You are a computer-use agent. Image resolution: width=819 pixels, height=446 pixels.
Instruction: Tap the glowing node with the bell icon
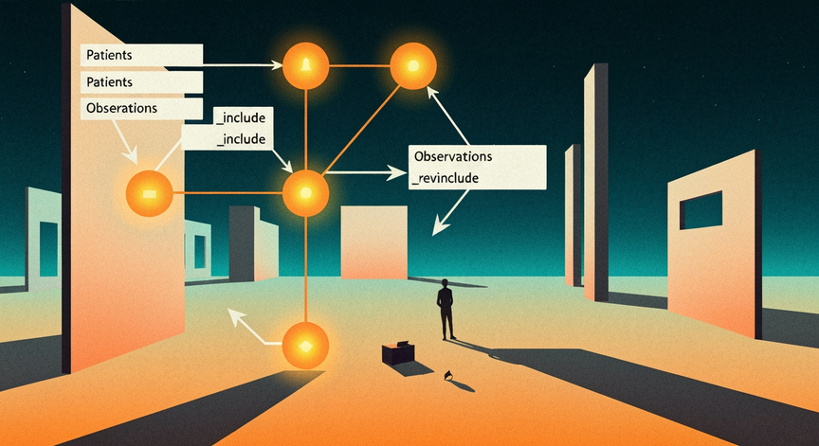305,65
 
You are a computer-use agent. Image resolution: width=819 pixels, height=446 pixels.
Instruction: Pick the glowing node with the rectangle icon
150,193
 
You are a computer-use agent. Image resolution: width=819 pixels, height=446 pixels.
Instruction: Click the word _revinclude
446,178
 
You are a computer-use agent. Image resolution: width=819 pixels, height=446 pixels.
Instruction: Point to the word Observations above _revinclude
453,156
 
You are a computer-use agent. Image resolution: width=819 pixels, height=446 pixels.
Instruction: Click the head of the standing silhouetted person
445,283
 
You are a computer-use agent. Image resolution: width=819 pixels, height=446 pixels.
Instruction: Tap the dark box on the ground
398,352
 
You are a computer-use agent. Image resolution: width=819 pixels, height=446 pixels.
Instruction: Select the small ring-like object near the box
447,375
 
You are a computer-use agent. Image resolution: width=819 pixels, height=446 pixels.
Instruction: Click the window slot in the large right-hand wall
701,209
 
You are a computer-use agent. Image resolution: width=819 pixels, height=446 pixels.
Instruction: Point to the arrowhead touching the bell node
277,65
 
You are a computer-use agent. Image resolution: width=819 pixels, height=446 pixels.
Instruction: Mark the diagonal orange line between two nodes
361,130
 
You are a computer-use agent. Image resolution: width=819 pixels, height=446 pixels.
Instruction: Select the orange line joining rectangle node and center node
227,193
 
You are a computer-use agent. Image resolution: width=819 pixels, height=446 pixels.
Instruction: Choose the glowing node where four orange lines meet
305,193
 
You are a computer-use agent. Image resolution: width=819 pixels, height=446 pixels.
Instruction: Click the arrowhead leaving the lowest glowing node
234,315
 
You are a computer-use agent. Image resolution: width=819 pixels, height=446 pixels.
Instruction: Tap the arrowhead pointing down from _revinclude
441,227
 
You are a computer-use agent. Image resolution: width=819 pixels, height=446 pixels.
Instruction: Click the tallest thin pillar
596,182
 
